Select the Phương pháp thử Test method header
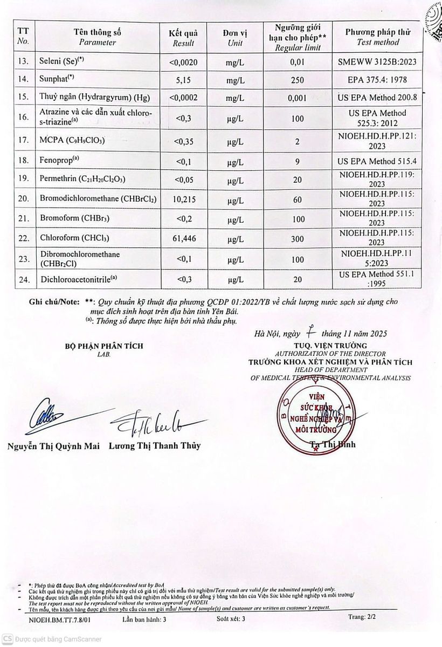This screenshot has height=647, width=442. (x=378, y=36)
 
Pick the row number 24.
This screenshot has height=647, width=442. (x=23, y=279)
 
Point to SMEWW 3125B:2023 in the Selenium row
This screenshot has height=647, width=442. (x=377, y=62)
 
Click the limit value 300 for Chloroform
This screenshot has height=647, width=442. (x=297, y=238)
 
